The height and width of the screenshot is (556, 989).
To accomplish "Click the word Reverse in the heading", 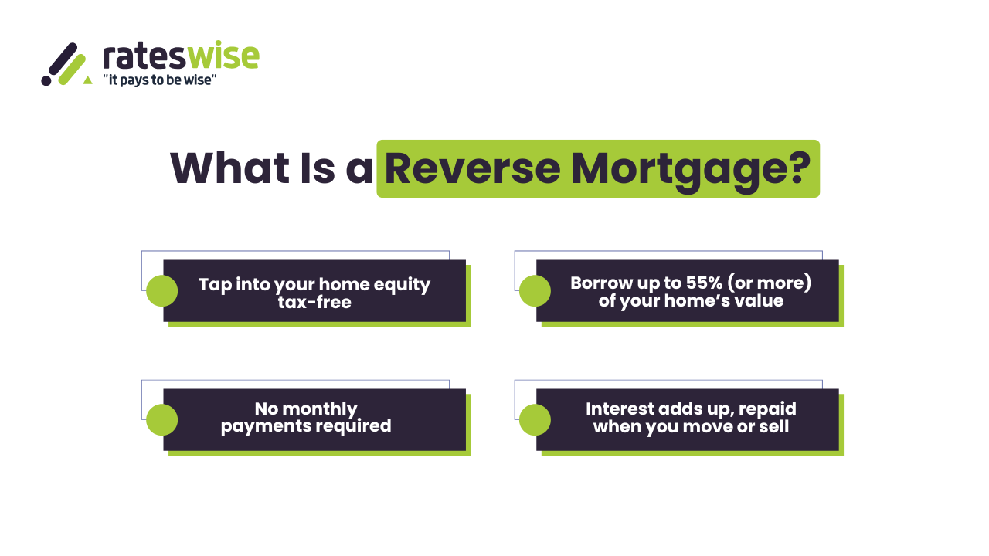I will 472,168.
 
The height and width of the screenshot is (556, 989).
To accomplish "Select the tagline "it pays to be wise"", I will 159,80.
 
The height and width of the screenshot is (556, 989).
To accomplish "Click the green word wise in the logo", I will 224,56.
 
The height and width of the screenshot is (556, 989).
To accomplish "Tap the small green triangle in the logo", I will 87,79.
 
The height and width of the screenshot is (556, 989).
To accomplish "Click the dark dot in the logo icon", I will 46,80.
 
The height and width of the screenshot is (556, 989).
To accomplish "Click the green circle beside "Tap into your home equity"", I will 161,291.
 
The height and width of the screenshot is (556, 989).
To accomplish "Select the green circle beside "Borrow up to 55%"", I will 535,291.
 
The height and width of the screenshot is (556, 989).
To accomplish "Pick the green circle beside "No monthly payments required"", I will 161,420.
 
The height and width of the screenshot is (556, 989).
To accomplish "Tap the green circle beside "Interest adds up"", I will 535,420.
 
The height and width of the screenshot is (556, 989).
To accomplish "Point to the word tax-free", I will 314,302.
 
